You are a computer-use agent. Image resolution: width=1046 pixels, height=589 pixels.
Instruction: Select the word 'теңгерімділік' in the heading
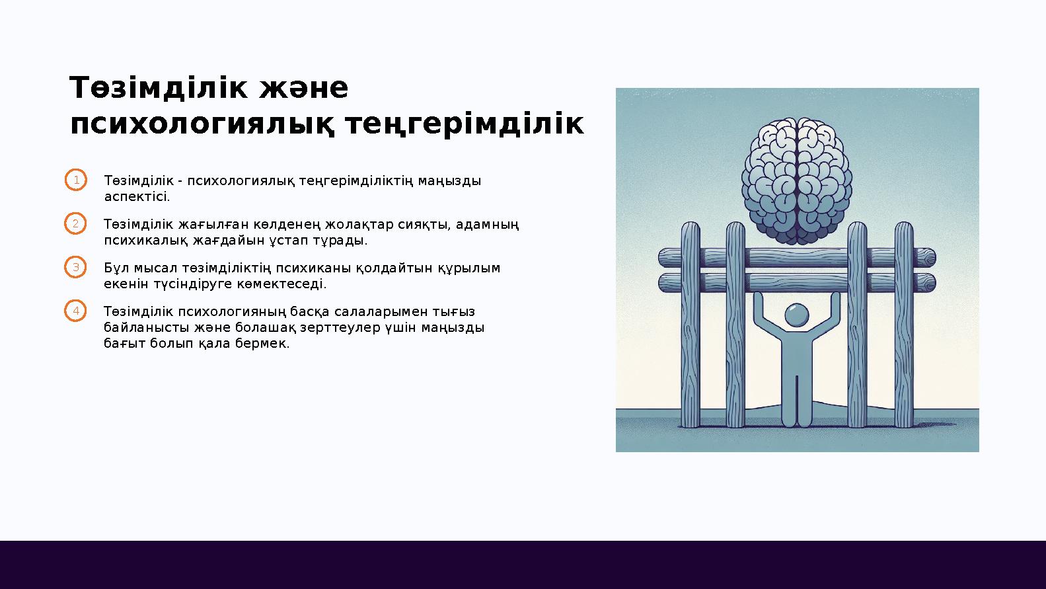click(465, 124)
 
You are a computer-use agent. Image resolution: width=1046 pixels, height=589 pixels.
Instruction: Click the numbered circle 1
click(76, 180)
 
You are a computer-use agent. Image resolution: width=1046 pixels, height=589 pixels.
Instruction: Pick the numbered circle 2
click(76, 224)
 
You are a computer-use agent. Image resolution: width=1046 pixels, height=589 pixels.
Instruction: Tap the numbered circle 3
click(76, 268)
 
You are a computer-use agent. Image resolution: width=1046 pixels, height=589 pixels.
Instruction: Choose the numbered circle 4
click(76, 311)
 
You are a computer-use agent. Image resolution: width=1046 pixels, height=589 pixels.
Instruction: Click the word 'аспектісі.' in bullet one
click(137, 197)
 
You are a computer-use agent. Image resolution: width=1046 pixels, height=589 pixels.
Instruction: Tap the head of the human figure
click(797, 314)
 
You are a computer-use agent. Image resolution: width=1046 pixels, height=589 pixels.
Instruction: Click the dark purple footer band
click(523, 565)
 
